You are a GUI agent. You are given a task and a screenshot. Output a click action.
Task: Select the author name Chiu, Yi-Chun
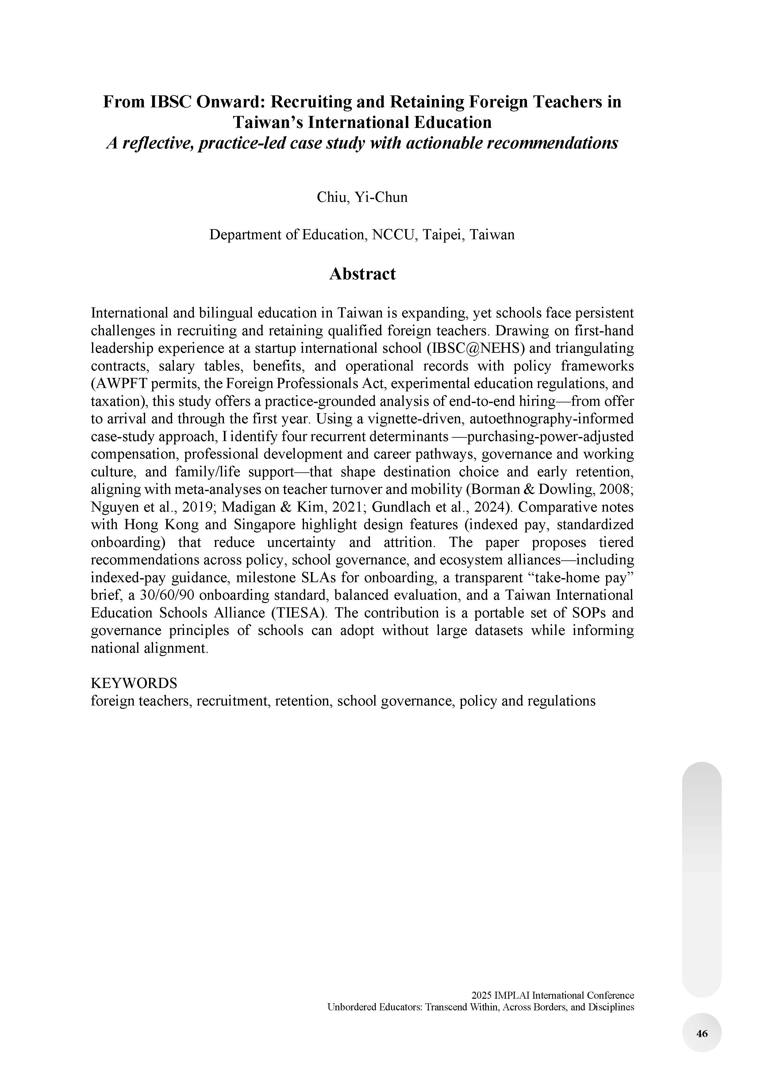[362, 197]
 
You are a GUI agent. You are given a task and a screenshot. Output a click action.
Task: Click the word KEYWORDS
[133, 683]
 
